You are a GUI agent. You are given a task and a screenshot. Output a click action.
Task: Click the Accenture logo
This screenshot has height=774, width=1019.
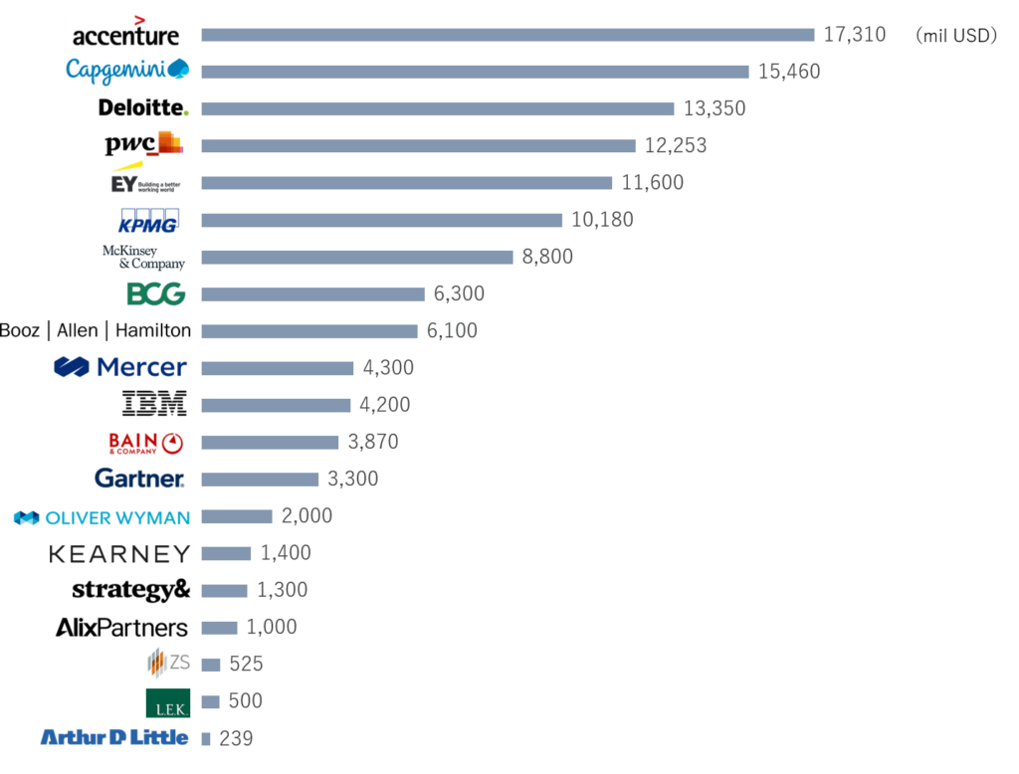(124, 35)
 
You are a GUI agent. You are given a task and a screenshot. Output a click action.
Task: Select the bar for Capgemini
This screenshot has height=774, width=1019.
(475, 72)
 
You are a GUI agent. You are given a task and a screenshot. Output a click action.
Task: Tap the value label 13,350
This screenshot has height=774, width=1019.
(713, 108)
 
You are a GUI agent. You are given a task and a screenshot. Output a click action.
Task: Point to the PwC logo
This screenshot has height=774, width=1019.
(144, 145)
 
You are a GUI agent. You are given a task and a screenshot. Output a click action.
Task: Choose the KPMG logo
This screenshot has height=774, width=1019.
(148, 220)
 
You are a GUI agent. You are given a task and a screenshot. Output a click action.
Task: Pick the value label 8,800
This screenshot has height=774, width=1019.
(547, 257)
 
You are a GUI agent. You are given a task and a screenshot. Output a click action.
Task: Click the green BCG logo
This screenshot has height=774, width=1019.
(156, 293)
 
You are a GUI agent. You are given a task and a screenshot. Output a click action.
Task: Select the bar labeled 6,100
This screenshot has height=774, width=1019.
(309, 331)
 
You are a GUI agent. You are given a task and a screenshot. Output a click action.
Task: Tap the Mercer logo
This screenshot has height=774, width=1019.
(120, 368)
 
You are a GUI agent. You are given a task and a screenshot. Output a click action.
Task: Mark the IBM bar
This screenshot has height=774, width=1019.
(276, 405)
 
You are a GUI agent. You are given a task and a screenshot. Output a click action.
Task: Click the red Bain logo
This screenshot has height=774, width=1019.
(145, 443)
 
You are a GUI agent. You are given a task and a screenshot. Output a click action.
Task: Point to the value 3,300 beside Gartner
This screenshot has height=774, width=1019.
(352, 480)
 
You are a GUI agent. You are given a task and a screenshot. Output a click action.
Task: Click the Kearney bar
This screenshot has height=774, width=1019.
(226, 553)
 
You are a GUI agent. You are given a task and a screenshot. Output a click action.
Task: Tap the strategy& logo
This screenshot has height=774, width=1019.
(130, 590)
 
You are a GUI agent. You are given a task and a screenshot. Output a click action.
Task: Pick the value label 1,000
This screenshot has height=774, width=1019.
(271, 628)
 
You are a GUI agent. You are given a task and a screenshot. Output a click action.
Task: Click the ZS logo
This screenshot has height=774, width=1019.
(168, 663)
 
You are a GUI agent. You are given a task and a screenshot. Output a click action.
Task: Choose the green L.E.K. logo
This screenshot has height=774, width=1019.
(167, 702)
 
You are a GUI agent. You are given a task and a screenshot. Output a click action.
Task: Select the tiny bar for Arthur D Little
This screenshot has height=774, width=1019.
(206, 739)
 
